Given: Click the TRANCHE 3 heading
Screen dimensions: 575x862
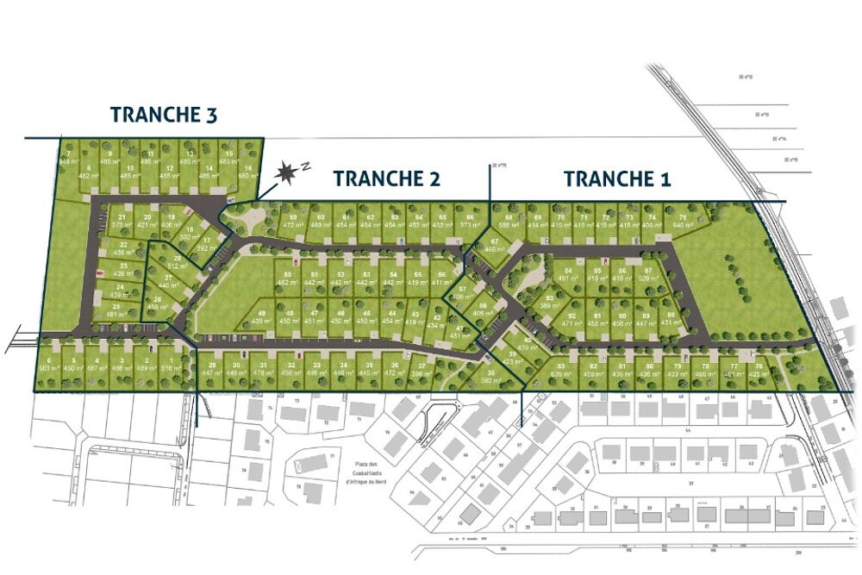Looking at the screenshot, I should coord(164,115).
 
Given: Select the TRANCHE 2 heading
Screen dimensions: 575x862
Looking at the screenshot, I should coord(387,178).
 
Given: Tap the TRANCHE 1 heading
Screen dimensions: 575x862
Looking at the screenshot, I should coord(617,178).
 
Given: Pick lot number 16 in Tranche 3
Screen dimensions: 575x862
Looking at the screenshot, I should coord(248,171).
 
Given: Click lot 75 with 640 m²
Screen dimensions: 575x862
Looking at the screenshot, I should coord(683,221).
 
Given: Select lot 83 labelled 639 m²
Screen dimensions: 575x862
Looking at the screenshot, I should coord(561,370).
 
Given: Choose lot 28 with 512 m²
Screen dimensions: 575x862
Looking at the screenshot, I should coord(178,262).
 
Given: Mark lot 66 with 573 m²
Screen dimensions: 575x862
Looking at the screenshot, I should coord(469,220).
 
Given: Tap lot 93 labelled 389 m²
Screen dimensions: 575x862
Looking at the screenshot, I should coord(549,301).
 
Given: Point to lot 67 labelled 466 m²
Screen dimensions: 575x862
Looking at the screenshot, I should coord(495,245).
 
